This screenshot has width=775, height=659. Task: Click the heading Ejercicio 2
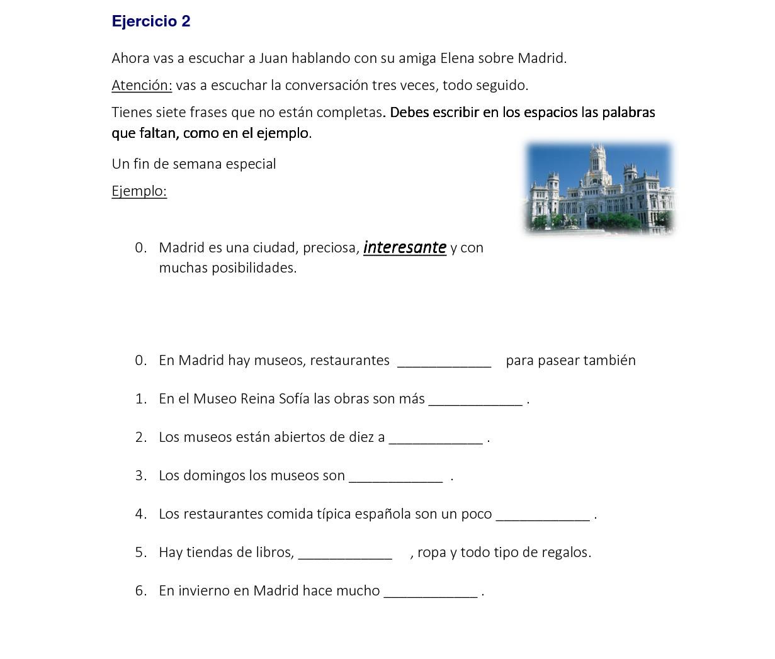point(151,21)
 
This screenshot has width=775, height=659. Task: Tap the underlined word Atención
point(142,85)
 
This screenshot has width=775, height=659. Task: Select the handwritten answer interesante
point(405,247)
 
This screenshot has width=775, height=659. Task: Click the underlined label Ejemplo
point(139,191)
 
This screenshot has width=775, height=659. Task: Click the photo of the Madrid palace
point(599,188)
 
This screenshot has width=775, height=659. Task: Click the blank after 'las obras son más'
point(475,402)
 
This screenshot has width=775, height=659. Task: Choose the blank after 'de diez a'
point(436,440)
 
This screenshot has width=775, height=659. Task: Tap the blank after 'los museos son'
point(396,478)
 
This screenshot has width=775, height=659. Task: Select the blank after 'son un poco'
point(543,517)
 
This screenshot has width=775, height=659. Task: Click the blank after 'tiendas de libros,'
point(345,555)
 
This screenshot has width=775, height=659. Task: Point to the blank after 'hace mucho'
point(431,594)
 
